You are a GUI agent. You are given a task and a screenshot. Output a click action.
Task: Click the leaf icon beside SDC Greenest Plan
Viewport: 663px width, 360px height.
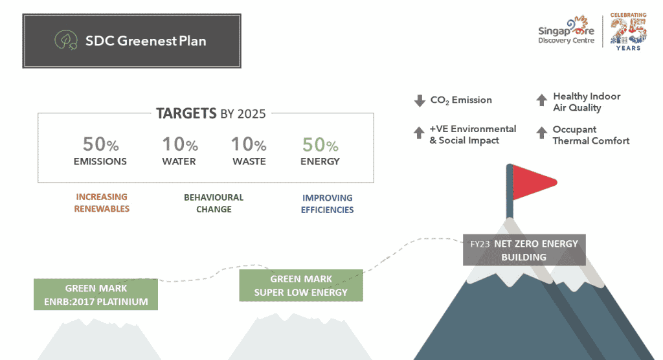click(x=66, y=40)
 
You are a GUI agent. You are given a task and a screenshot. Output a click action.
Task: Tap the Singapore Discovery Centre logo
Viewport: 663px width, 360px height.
click(x=566, y=30)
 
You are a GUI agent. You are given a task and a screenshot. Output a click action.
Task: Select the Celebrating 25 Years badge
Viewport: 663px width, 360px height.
click(x=628, y=32)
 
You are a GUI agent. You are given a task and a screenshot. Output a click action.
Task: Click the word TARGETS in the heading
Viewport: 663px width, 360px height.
click(x=186, y=113)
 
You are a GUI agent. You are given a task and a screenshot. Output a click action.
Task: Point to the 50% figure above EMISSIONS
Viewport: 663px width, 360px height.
click(x=100, y=144)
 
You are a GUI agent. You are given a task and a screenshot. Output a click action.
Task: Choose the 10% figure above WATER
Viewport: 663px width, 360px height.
click(x=180, y=144)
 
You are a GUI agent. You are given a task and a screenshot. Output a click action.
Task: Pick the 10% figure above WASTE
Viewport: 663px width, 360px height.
click(x=249, y=144)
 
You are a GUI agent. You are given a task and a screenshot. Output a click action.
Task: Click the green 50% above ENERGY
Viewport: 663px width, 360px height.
click(x=320, y=145)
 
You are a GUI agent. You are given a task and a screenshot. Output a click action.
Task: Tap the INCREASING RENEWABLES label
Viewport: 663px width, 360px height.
click(x=102, y=203)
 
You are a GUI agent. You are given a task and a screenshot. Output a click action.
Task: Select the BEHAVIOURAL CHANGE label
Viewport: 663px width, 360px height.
click(x=214, y=203)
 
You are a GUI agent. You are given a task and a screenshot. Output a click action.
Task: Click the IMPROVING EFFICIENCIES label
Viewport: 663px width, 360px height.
click(x=327, y=203)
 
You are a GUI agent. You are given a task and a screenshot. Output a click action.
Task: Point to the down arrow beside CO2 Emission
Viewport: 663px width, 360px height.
click(x=420, y=100)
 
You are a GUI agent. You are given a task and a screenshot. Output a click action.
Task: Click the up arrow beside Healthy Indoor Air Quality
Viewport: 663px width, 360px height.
click(x=542, y=100)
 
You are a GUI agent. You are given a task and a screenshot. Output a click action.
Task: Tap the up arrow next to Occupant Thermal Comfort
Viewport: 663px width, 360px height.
click(x=542, y=132)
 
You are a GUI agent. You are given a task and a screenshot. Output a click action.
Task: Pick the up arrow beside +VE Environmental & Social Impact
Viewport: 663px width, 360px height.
click(x=419, y=132)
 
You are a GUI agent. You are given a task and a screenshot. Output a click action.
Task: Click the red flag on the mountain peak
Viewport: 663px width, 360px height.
click(x=534, y=182)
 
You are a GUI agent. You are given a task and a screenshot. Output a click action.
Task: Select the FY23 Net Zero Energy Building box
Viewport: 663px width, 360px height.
click(x=524, y=250)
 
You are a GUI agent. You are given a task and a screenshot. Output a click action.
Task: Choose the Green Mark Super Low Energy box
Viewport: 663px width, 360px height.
click(x=301, y=286)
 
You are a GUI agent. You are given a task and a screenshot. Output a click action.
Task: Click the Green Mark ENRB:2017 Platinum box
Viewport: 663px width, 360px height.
click(x=96, y=295)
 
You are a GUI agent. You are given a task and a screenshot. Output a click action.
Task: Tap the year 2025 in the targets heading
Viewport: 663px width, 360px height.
click(x=252, y=114)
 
